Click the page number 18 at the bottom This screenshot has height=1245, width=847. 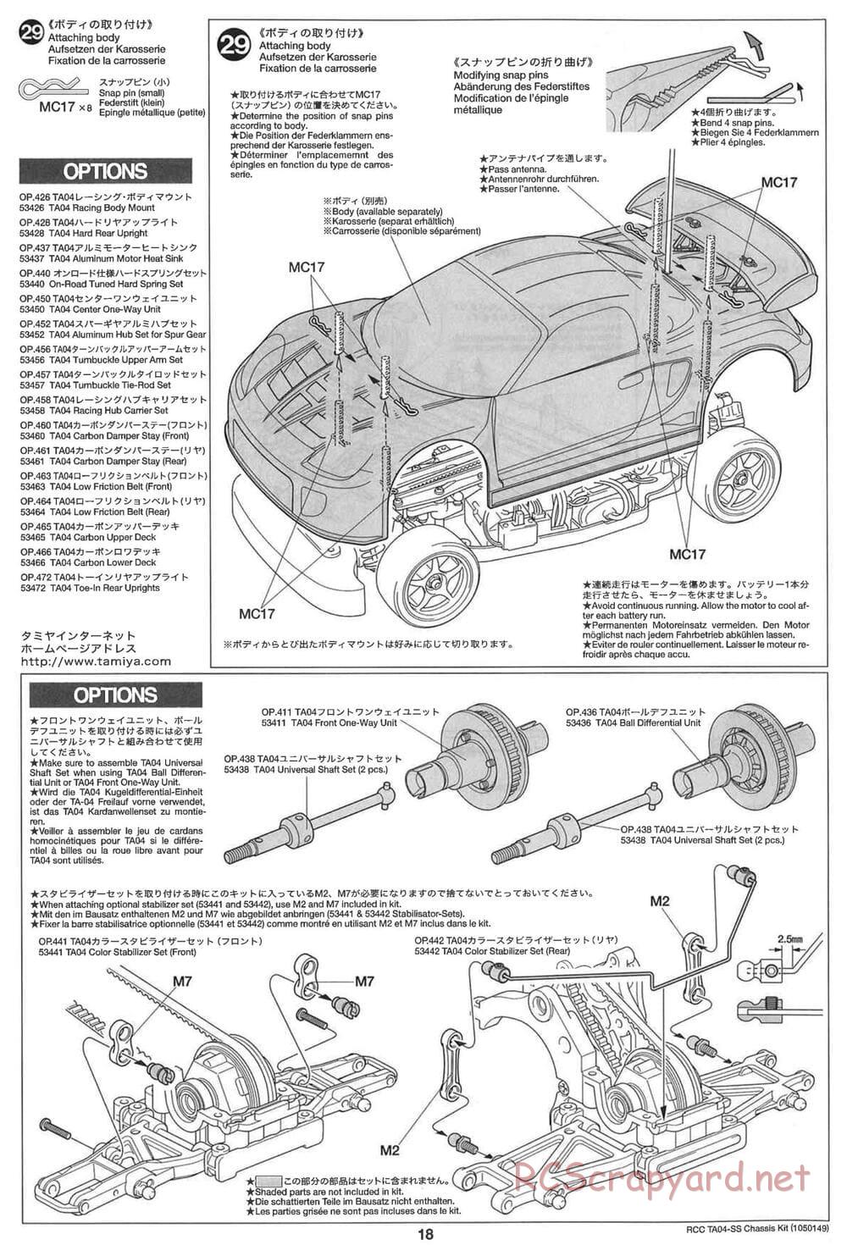coord(425,1234)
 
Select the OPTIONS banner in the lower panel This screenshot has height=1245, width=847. coord(115,695)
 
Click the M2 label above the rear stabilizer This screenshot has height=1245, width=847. coord(660,901)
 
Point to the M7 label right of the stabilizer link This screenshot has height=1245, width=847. coord(364,982)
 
